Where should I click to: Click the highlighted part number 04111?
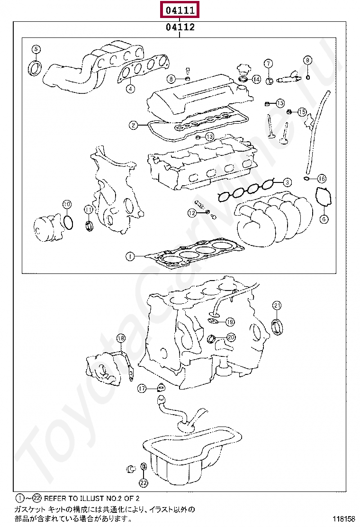(180, 10)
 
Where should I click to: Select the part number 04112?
(180, 27)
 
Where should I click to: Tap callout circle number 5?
(36, 49)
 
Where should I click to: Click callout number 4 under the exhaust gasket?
(130, 88)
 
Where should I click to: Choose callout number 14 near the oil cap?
(256, 79)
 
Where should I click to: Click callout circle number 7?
(268, 64)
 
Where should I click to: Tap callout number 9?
(307, 60)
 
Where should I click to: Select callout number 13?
(209, 137)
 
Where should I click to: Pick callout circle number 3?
(287, 182)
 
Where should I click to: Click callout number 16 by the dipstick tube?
(322, 179)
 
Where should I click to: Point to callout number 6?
(324, 219)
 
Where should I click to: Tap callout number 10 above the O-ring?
(67, 204)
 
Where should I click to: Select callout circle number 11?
(89, 209)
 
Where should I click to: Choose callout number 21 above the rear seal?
(277, 305)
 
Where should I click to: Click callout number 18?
(121, 338)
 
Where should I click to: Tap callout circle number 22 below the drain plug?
(144, 483)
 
